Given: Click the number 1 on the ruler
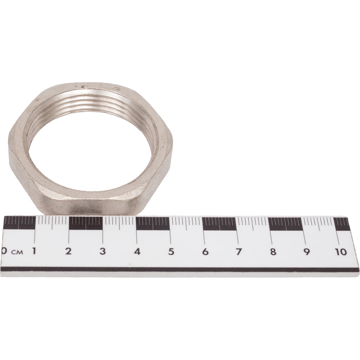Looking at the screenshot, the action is [34, 251].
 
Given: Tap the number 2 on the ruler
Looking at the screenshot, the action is [68, 251].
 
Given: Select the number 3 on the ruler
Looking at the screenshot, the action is [102, 251].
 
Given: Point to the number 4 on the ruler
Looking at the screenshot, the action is [137, 251].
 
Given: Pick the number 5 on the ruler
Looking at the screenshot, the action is [171, 252].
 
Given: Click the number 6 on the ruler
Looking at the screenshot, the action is [205, 252].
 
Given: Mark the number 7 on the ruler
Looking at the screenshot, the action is [239, 252].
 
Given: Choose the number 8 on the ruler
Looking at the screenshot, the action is [273, 252].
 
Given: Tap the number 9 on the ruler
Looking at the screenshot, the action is [306, 252].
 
